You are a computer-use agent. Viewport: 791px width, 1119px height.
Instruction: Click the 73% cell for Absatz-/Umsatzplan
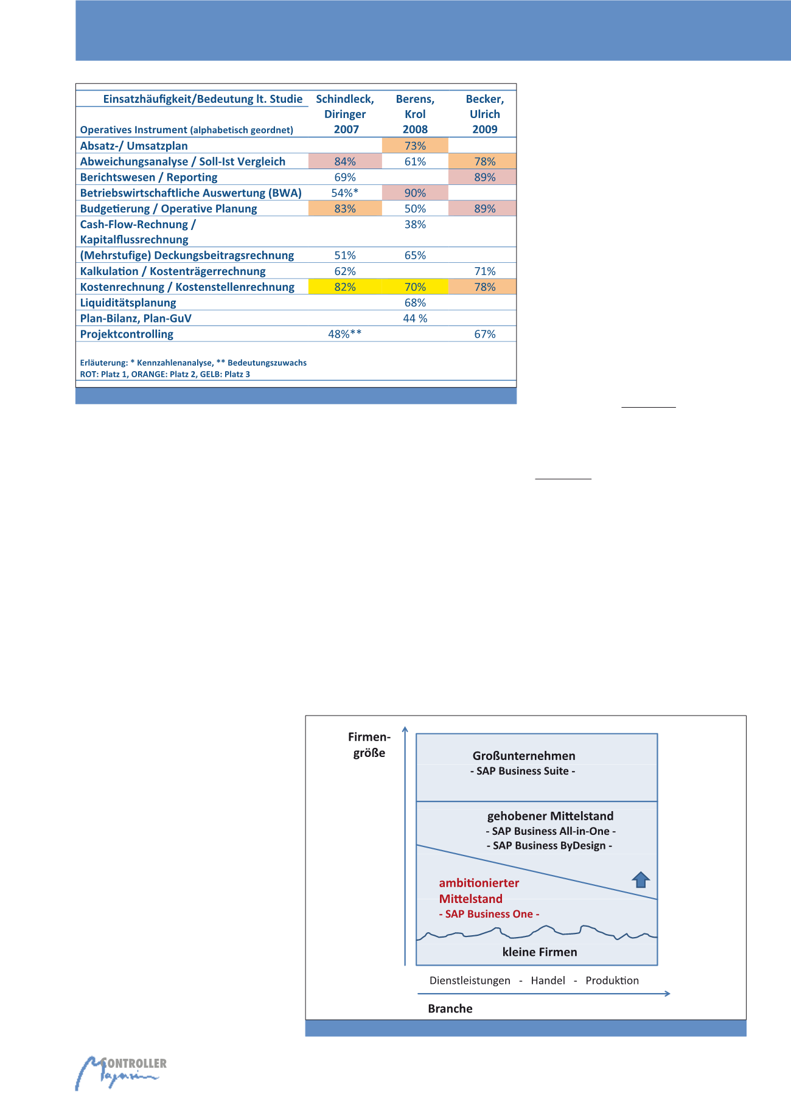click(x=415, y=145)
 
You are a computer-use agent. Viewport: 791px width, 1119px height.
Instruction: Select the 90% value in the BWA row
click(x=415, y=193)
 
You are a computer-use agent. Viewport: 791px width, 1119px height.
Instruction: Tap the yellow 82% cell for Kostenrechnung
click(x=345, y=287)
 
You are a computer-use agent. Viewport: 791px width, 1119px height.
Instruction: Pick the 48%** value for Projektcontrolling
click(x=345, y=334)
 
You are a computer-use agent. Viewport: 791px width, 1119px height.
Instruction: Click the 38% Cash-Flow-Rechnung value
click(x=415, y=225)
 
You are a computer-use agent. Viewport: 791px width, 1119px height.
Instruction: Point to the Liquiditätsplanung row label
click(x=128, y=302)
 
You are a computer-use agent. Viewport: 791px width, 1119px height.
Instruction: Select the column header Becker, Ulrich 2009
click(x=485, y=114)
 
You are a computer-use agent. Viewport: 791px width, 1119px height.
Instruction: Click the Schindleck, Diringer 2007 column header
click(x=345, y=114)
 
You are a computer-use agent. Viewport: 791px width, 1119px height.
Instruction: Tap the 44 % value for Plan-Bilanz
click(x=415, y=318)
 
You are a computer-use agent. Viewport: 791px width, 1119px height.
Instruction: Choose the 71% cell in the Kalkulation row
click(x=485, y=271)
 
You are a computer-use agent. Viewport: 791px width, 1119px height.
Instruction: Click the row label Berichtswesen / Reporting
click(x=149, y=177)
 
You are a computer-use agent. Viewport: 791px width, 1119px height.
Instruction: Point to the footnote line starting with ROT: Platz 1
click(x=165, y=374)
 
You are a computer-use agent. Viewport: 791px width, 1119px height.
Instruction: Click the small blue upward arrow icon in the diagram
click(x=641, y=880)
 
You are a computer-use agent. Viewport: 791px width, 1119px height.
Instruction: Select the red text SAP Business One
click(x=489, y=914)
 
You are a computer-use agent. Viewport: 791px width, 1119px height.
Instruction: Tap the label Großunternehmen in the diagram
click(x=524, y=756)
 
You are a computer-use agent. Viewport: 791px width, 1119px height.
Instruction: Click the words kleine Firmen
click(x=540, y=952)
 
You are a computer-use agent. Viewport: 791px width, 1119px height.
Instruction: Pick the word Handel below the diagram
click(x=548, y=980)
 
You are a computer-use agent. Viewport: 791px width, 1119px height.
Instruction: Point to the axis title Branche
click(x=450, y=1008)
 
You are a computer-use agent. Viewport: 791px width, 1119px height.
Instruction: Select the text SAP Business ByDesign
click(x=549, y=845)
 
